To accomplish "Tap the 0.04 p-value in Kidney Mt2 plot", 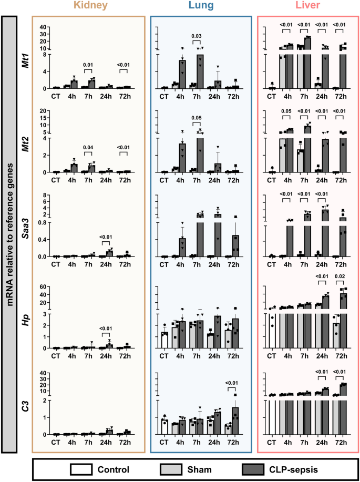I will tap(88, 148).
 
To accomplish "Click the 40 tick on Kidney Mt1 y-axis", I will tap(42, 27).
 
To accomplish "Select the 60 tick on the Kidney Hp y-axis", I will tap(42, 287).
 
